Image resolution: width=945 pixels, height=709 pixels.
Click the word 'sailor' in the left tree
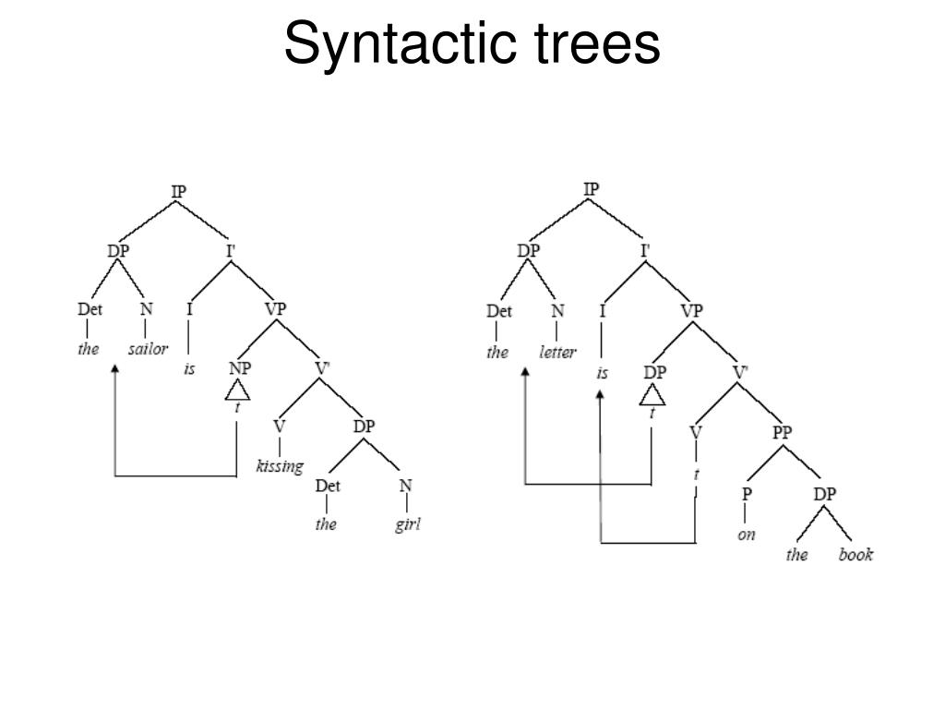148,350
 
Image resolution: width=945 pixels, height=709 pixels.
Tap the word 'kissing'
280,466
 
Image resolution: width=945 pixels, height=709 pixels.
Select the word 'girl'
407,525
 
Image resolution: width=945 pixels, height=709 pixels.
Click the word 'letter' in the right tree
557,352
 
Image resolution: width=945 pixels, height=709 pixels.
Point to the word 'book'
855,555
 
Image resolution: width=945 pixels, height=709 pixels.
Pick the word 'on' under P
747,534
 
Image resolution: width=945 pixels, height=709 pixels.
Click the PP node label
783,431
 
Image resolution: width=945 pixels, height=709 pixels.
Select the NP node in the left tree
239,367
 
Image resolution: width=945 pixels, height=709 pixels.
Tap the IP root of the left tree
178,191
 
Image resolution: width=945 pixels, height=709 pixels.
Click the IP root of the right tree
592,189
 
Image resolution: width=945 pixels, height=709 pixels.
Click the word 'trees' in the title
602,43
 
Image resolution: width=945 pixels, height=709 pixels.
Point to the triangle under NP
238,391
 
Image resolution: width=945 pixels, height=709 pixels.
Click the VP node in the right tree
691,310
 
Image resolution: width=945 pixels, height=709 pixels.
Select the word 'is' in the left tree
189,369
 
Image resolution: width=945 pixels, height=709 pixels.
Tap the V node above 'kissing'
280,427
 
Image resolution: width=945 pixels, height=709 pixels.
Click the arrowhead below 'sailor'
114,369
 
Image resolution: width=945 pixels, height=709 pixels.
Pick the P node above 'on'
747,494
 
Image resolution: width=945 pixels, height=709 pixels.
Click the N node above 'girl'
405,486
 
